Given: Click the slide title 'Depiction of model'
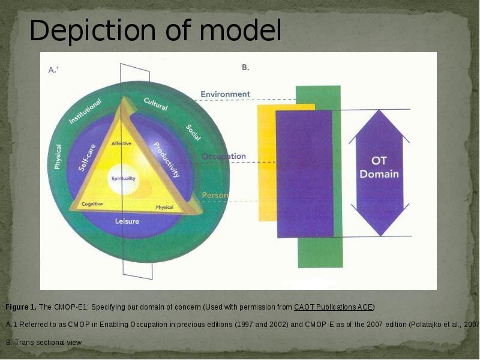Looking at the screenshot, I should (x=155, y=31).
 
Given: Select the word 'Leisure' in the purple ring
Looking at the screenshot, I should (x=127, y=221).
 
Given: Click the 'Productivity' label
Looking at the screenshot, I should (x=166, y=160).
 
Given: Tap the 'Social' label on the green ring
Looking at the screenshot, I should (x=193, y=133).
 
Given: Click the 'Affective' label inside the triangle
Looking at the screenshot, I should (x=122, y=143).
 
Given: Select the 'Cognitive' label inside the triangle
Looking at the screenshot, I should (x=92, y=204).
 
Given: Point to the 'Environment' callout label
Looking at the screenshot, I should (x=225, y=94).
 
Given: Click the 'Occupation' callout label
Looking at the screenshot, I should (x=223, y=157).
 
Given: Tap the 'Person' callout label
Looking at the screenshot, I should (x=214, y=196).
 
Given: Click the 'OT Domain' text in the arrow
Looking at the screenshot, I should (x=379, y=169).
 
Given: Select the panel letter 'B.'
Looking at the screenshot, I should (x=245, y=68).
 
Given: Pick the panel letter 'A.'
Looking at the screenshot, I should (x=53, y=70).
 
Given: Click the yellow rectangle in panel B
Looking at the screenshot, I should (x=266, y=162).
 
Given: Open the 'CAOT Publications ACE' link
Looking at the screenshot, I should (x=333, y=307).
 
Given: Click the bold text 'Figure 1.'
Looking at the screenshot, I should (x=21, y=307).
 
